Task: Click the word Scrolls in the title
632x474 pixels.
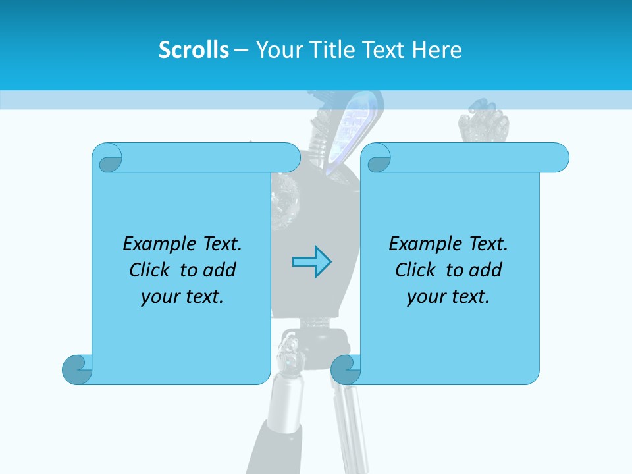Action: click(194, 50)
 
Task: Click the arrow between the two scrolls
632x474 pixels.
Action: click(311, 262)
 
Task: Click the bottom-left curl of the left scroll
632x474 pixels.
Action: click(76, 369)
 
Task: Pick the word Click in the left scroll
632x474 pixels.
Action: click(150, 270)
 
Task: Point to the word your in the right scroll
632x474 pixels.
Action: click(425, 297)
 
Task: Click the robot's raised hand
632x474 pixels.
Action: click(483, 123)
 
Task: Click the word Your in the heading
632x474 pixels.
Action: click(277, 50)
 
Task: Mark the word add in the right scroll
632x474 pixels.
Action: click(486, 270)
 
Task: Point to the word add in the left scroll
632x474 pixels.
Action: click(220, 270)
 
